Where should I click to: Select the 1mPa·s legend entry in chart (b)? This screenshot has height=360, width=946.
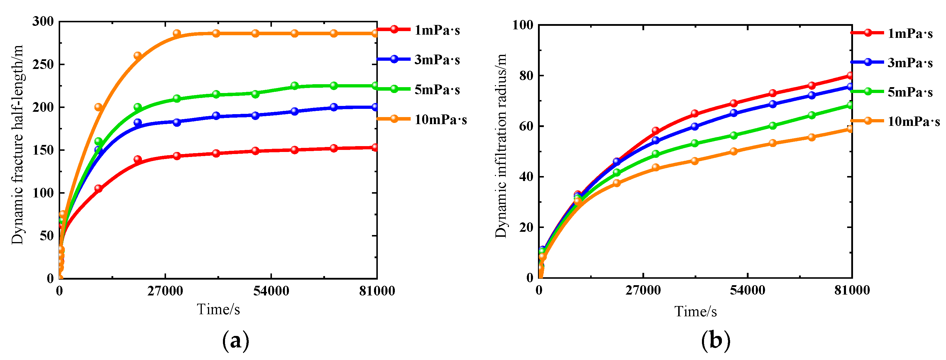click(x=910, y=33)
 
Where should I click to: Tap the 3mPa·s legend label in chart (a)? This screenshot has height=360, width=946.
click(x=437, y=60)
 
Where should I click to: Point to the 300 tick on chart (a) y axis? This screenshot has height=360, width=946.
click(x=43, y=21)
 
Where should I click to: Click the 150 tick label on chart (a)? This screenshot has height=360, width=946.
click(x=43, y=150)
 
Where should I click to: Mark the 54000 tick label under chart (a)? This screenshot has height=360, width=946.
click(x=271, y=291)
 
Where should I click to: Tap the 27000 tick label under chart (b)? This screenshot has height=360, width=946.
click(x=643, y=290)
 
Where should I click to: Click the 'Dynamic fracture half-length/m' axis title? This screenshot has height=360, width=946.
click(x=17, y=144)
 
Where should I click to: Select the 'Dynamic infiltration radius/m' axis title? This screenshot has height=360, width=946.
click(x=501, y=146)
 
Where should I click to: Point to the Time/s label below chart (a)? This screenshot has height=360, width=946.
click(x=219, y=309)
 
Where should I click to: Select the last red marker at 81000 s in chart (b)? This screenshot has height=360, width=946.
click(x=850, y=75)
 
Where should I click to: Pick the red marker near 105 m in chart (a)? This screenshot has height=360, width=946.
click(x=98, y=188)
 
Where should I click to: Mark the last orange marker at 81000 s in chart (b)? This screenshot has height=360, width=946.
click(x=850, y=129)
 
